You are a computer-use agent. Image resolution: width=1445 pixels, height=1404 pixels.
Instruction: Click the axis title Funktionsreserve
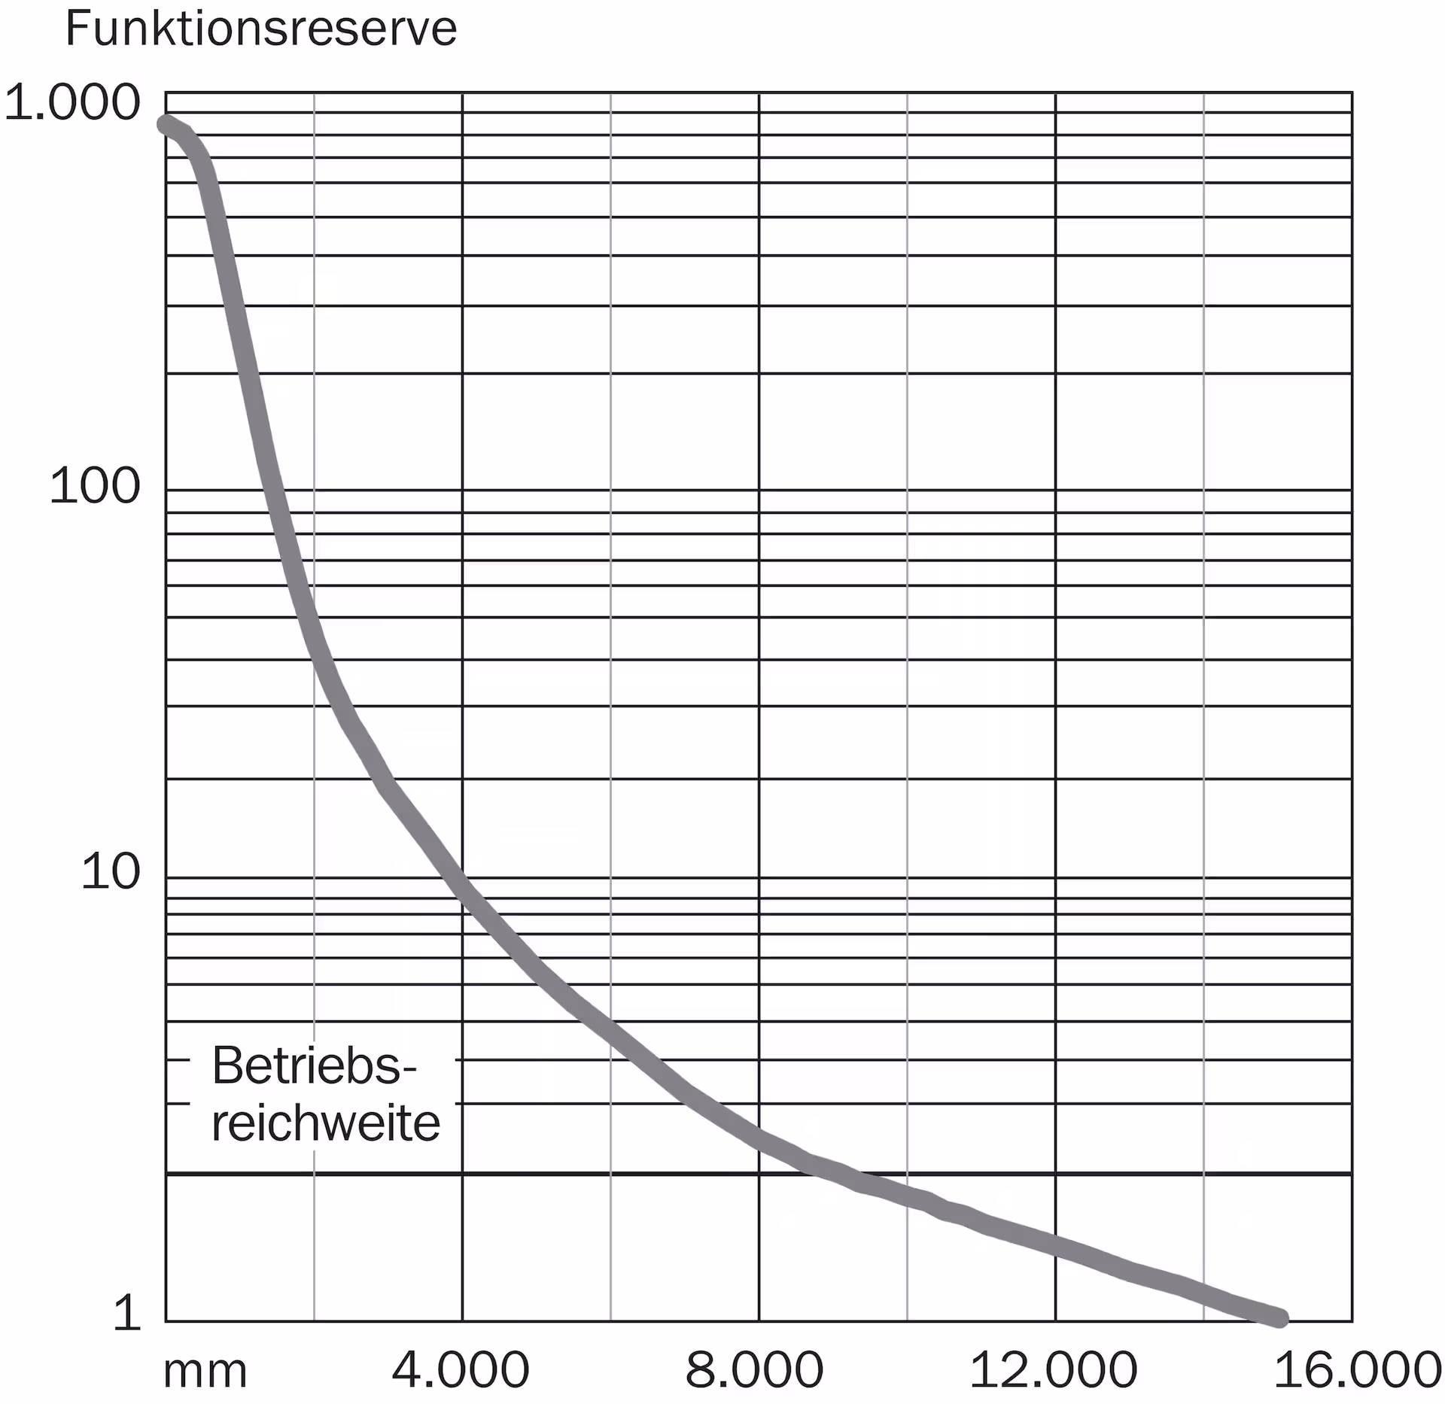click(261, 29)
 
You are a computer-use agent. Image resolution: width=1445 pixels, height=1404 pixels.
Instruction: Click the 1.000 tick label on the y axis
click(72, 102)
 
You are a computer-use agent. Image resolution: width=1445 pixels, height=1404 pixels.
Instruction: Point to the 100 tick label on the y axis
click(95, 485)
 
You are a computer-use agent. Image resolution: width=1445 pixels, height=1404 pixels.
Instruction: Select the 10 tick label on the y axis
click(111, 873)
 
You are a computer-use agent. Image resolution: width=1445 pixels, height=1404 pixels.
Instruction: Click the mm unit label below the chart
click(205, 1371)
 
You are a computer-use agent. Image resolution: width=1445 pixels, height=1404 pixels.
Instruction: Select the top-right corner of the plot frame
click(1352, 93)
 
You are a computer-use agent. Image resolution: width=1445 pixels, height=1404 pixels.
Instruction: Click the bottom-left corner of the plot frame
click(166, 1321)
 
